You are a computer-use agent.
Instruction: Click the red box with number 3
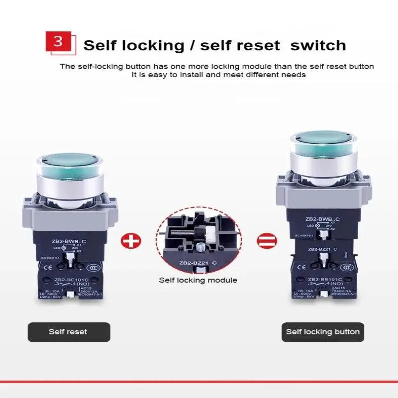58,41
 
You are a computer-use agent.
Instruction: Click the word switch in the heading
318,46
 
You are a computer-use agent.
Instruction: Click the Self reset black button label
68,332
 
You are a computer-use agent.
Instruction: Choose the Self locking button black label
322,332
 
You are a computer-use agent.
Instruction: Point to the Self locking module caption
198,280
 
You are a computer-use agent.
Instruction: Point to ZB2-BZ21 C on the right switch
323,249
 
